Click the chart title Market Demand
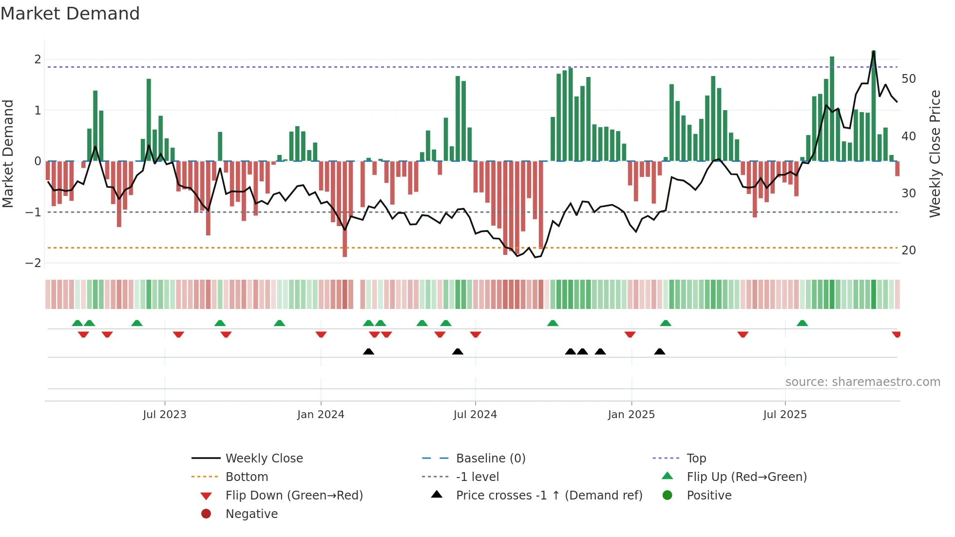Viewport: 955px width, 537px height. point(70,14)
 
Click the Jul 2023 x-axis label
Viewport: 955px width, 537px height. point(165,415)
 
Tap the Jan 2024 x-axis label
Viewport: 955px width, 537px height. point(321,415)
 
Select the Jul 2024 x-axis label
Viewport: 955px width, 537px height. point(475,415)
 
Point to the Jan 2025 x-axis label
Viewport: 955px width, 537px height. point(631,415)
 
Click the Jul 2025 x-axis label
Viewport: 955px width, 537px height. point(785,415)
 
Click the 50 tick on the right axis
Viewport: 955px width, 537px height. point(909,79)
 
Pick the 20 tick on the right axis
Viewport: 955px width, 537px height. point(909,250)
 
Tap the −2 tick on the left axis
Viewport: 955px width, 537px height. point(33,263)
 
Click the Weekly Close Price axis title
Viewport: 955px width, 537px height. point(935,153)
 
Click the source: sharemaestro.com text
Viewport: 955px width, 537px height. point(862,382)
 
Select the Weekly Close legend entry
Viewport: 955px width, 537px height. point(264,459)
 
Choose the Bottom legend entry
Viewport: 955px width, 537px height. point(247,477)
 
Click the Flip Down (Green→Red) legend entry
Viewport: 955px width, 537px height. point(294,496)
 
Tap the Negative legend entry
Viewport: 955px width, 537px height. point(251,514)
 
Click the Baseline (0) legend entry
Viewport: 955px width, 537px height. point(491,459)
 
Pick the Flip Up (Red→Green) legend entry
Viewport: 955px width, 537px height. point(746,477)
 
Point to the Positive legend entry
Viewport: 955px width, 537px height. point(709,496)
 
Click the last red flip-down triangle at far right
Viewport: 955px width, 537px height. point(896,334)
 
